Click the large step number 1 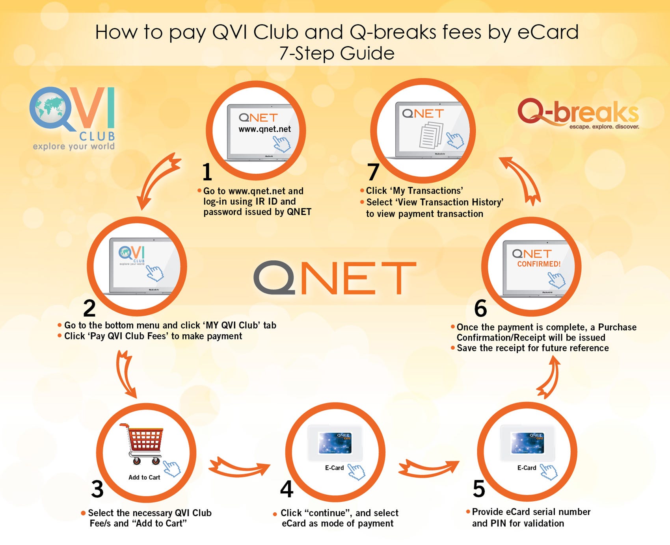point(207,172)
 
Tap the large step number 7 point(373,172)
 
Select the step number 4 point(287,489)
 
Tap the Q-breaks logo point(578,113)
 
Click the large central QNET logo point(335,278)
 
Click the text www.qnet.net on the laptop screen point(264,129)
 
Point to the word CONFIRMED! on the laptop point(539,264)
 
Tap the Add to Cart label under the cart point(144,477)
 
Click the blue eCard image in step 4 point(335,443)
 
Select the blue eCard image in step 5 point(527,443)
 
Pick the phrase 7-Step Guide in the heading point(337,53)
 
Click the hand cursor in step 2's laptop point(155,272)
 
